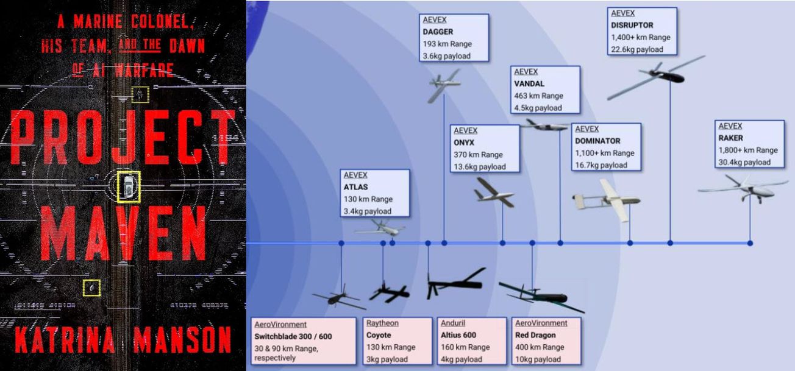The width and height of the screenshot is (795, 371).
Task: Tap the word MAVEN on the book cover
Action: click(x=124, y=233)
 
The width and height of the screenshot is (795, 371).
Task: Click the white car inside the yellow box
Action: click(x=129, y=186)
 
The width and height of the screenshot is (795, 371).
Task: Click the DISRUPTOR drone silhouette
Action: click(x=657, y=75)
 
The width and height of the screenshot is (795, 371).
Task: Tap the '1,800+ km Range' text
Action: click(x=748, y=150)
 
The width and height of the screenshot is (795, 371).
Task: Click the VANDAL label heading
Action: click(x=529, y=83)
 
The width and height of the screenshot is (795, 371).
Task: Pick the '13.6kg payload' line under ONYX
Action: click(x=479, y=166)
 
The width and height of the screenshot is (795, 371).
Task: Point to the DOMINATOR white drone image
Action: click(x=607, y=200)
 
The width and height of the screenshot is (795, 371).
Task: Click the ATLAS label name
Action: click(x=355, y=187)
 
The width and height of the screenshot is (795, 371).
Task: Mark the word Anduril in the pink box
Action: click(x=455, y=323)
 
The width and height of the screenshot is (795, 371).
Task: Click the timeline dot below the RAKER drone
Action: click(x=749, y=243)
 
